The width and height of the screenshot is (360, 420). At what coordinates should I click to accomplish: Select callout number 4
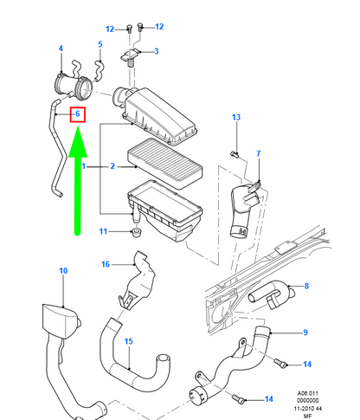[x=61, y=48]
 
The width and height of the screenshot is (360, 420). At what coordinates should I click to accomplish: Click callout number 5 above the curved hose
[x=100, y=44]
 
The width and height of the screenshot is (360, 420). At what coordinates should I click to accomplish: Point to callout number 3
[x=157, y=51]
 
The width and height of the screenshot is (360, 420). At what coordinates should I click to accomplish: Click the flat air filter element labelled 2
[x=165, y=163]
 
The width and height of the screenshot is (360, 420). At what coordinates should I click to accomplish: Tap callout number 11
[x=103, y=231]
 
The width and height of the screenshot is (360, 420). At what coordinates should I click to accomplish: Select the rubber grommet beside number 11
[x=136, y=232]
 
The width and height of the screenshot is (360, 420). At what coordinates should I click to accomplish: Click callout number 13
[x=236, y=117]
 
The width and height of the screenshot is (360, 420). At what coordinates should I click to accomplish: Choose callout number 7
[x=259, y=153]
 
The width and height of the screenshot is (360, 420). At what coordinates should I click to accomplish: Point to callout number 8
[x=306, y=286]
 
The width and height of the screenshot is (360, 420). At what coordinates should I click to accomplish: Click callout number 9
[x=305, y=333]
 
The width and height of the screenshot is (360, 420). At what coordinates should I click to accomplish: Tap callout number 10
[x=63, y=271]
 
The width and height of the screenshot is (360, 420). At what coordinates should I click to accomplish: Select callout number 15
[x=128, y=341]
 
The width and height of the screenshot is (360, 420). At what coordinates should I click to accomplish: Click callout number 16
[x=106, y=264]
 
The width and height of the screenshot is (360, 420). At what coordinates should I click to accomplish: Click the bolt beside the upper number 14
[x=280, y=363]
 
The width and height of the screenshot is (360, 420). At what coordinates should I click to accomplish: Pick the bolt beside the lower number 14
[x=238, y=399]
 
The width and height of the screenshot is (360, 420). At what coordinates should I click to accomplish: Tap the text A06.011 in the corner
[x=308, y=393]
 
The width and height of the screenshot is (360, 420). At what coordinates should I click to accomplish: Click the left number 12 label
[x=110, y=29]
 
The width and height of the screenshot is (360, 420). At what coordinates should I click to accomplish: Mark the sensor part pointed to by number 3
[x=131, y=57]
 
